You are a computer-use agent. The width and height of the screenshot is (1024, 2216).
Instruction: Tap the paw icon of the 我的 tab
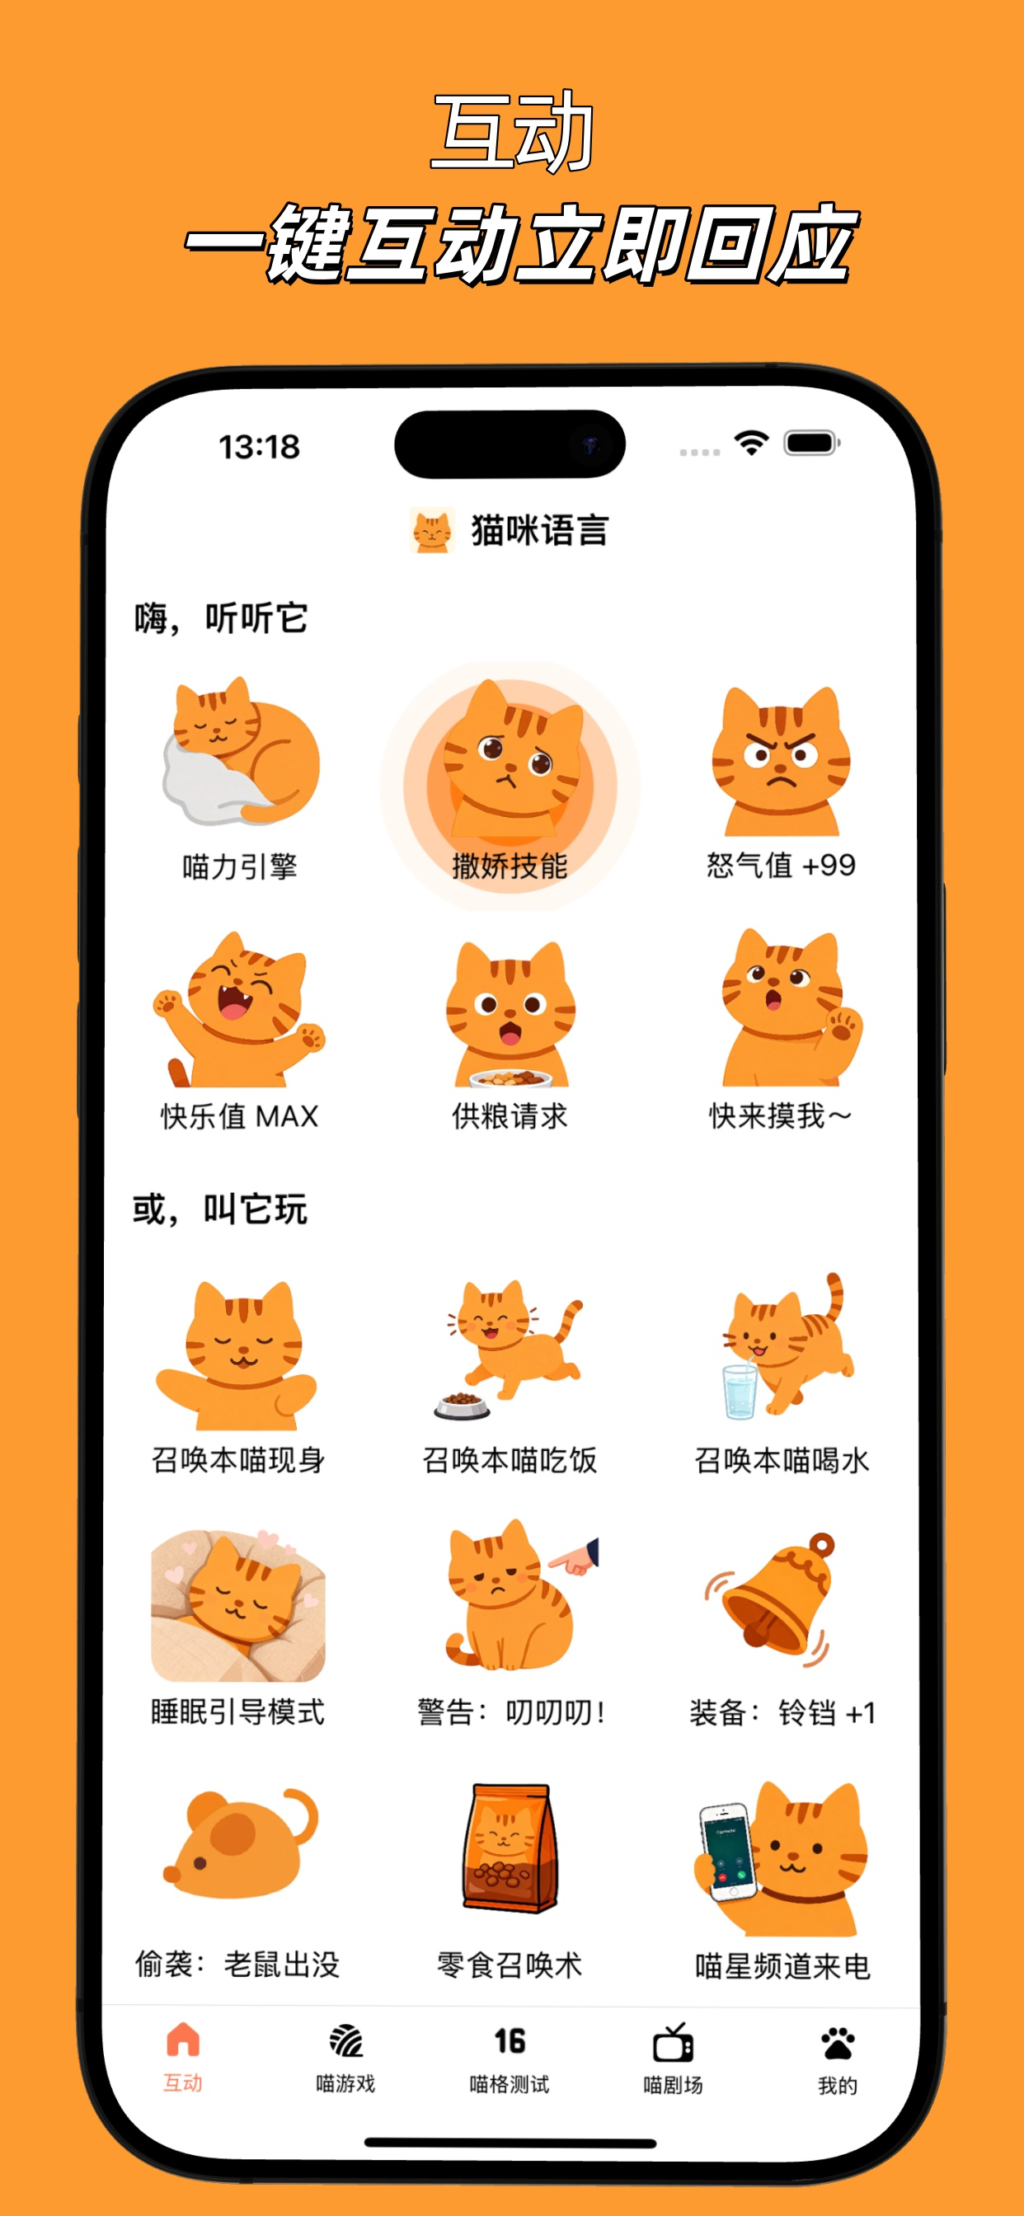tap(838, 2043)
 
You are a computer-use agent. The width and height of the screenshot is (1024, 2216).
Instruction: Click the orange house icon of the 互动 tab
tap(182, 2040)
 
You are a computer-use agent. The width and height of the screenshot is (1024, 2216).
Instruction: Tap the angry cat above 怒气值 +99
tap(781, 760)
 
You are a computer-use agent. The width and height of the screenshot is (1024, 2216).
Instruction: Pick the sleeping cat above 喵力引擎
tap(241, 750)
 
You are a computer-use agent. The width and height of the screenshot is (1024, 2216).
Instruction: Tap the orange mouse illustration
tap(240, 1843)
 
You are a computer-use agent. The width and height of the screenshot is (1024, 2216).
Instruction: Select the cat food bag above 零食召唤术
tap(510, 1847)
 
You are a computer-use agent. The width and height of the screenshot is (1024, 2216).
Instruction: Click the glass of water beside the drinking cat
tap(740, 1391)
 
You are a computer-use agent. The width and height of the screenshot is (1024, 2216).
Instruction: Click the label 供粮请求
tap(510, 1115)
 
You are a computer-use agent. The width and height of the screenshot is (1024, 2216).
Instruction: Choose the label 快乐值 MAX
tap(239, 1115)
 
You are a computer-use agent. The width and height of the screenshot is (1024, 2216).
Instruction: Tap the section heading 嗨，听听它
tap(220, 617)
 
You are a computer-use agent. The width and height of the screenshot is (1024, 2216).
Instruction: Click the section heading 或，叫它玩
tap(219, 1209)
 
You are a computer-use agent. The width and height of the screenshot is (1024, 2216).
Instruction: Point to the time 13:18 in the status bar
tap(259, 447)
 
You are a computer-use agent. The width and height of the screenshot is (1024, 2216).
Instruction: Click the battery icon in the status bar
tap(811, 443)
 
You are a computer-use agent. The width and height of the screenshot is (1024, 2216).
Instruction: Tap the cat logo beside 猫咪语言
tap(432, 530)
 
